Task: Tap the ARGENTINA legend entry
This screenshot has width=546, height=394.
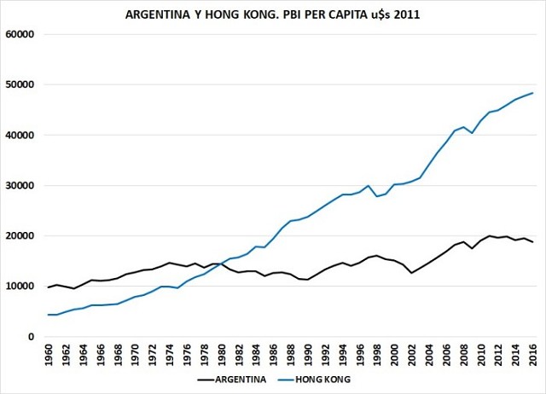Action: (x=235, y=378)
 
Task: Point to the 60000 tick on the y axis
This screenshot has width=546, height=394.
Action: (x=19, y=34)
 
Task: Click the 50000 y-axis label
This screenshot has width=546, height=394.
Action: (x=19, y=84)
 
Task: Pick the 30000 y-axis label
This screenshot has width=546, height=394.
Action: (x=19, y=185)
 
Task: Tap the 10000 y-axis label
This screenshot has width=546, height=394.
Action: (x=19, y=286)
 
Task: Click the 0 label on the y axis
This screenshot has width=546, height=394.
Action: (x=29, y=336)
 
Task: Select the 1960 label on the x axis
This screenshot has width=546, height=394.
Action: (x=49, y=355)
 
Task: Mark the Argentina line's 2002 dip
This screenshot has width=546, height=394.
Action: (x=411, y=273)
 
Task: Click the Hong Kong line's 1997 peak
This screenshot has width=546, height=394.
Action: (x=368, y=186)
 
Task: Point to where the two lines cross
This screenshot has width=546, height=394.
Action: (x=221, y=264)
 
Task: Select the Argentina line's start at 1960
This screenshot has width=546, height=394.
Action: (x=49, y=287)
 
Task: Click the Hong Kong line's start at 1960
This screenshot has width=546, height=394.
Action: (x=49, y=315)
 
